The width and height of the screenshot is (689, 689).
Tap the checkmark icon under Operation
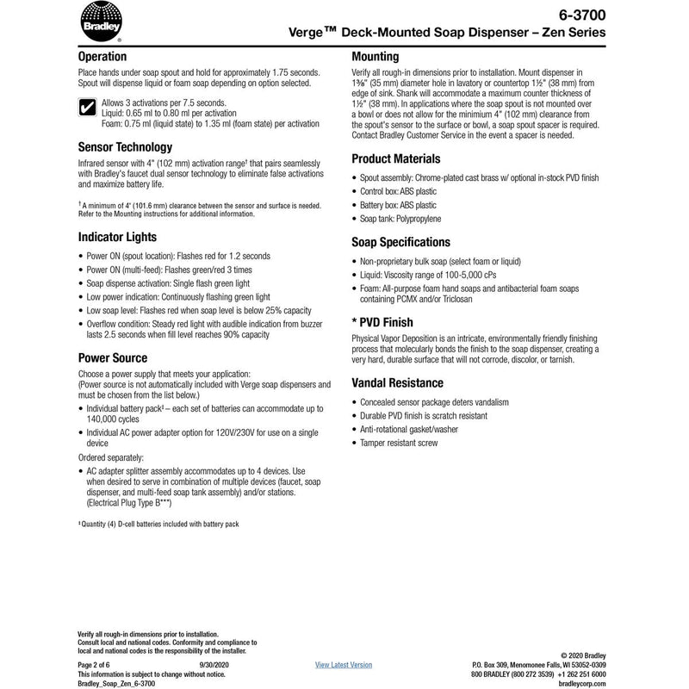pyautogui.click(x=87, y=109)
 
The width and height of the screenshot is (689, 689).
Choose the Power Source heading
pyautogui.click(x=113, y=357)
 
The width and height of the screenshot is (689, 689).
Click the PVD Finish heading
pyautogui.click(x=389, y=320)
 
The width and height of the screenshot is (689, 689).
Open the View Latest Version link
pyautogui.click(x=344, y=664)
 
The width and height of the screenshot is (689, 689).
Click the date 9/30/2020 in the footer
pyautogui.click(x=214, y=664)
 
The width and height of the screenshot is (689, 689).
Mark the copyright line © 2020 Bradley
pyautogui.click(x=584, y=655)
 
